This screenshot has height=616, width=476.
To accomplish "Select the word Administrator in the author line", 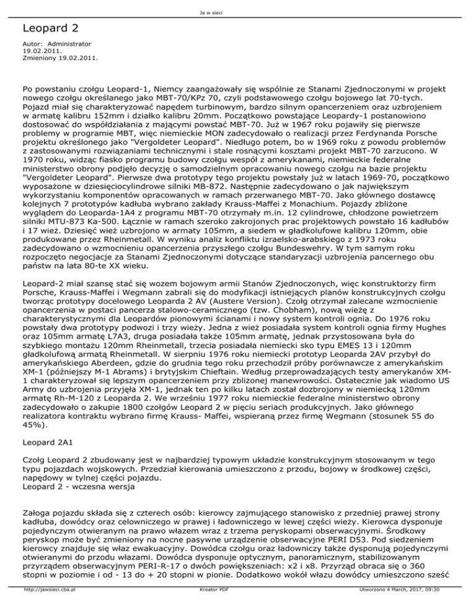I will (x=69, y=45).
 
